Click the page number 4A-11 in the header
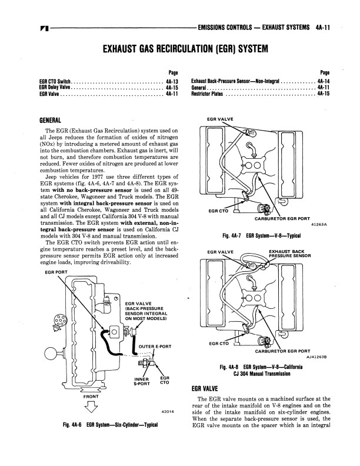[323, 28]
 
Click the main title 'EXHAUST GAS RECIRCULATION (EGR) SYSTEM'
[185, 48]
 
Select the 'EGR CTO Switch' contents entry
[55, 81]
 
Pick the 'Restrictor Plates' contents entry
[207, 94]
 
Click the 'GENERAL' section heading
[50, 121]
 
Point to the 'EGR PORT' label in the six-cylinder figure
[56, 272]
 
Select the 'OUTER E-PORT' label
[155, 347]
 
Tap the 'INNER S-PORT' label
[142, 381]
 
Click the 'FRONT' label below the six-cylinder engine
[91, 397]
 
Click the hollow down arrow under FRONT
[91, 407]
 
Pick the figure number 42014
[167, 412]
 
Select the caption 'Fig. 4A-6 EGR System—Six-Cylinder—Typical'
[110, 425]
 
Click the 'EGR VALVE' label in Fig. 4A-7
[220, 119]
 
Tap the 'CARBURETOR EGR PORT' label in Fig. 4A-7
[282, 219]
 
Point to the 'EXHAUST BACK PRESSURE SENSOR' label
[290, 254]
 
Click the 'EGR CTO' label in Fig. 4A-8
[219, 344]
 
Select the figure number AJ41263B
[316, 358]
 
